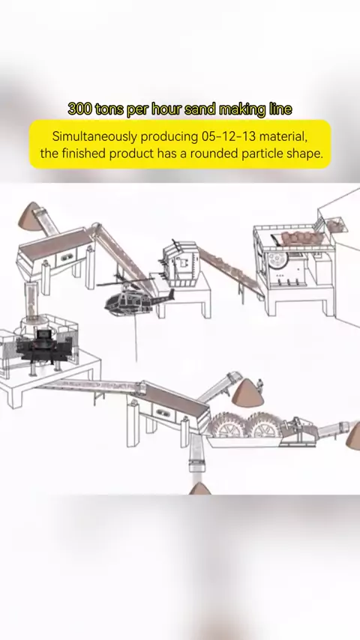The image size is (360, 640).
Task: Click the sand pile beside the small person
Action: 247,393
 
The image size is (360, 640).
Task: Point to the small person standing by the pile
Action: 259,386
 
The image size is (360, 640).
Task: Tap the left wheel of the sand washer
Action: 229,426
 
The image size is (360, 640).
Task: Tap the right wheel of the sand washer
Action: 267,426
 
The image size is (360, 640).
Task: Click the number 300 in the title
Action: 79,109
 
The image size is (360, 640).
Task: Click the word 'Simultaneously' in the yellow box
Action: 94,136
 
